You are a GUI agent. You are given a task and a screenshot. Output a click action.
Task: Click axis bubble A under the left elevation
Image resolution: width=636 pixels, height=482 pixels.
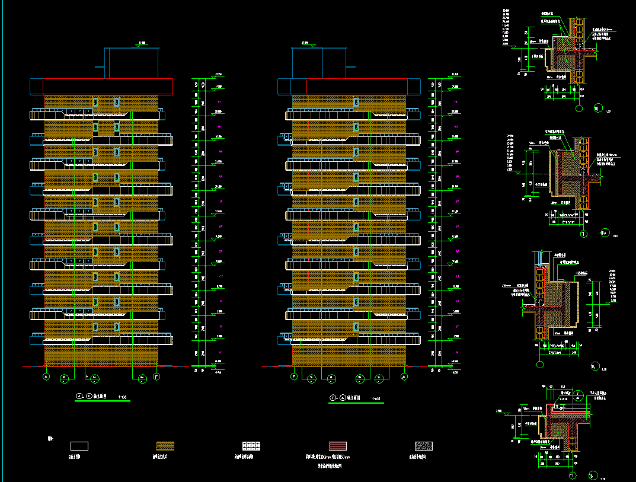(46, 376)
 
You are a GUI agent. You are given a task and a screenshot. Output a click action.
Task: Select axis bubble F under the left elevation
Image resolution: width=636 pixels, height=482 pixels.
(156, 376)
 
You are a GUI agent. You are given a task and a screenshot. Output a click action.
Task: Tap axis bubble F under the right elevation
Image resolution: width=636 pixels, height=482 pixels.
(293, 376)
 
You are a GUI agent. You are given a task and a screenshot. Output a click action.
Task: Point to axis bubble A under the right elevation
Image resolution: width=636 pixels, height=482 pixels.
(404, 376)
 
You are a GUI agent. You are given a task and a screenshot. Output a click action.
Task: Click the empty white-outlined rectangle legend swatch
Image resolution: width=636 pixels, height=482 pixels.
(79, 445)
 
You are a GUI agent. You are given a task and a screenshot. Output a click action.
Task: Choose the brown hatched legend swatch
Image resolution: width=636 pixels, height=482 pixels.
(168, 445)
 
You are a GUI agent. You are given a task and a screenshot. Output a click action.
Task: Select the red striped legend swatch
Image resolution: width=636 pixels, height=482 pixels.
(338, 445)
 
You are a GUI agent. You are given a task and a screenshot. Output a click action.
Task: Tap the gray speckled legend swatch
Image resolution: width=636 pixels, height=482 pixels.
(424, 445)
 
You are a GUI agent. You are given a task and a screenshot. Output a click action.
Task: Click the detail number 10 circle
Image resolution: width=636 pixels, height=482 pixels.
(598, 108)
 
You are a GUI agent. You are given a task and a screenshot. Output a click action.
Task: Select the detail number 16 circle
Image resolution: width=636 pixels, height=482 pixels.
(592, 475)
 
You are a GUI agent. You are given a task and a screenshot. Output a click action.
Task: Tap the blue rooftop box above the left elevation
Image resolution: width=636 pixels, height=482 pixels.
(132, 62)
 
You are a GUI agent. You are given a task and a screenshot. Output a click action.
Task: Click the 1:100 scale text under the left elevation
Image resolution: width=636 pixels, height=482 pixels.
(123, 396)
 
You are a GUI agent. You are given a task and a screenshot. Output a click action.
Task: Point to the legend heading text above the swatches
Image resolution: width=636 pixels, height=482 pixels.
(50, 439)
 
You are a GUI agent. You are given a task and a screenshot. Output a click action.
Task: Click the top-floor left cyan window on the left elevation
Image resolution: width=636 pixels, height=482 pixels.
(95, 102)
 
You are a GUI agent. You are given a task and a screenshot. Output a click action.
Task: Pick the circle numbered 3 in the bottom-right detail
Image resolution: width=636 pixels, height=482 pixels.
(577, 392)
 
